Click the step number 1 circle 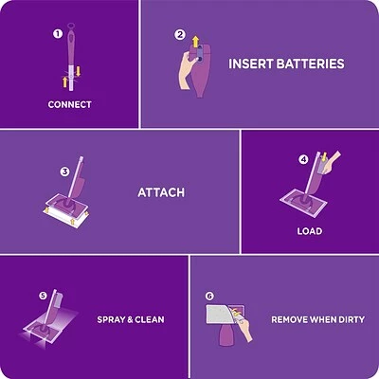(x=57, y=34)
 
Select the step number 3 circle (x=64, y=172)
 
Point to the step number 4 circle (x=303, y=159)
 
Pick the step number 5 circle (x=43, y=296)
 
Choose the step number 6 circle (x=209, y=296)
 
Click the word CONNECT (x=69, y=104)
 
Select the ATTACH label (x=161, y=192)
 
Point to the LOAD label (x=309, y=231)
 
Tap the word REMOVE (x=291, y=319)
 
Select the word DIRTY (x=350, y=319)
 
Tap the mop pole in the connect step (x=69, y=57)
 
